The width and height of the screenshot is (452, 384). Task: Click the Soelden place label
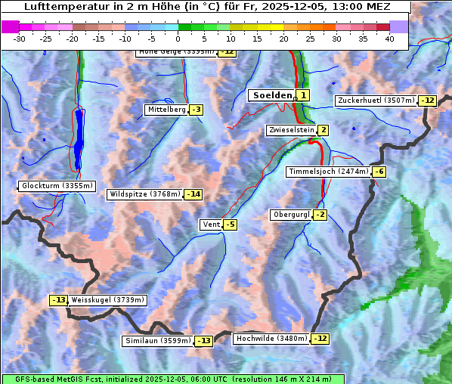271,95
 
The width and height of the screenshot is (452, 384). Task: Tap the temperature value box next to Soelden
303,95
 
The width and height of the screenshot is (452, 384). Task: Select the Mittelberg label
166,110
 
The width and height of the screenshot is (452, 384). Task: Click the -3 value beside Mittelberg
196,110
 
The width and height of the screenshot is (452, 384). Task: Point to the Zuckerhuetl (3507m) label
376,101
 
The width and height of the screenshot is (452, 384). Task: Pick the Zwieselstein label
290,130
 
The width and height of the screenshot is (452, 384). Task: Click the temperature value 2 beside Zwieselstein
323,130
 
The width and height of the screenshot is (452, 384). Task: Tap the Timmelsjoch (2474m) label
328,172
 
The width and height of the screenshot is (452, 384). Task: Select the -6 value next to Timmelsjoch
379,172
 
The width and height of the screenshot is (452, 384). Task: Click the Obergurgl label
290,215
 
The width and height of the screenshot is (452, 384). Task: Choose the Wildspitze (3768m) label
145,194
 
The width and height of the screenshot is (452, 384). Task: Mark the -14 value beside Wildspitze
193,194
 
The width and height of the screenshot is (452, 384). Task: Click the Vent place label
210,225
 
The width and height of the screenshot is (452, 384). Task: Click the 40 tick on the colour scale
389,39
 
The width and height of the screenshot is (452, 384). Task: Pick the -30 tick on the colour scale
20,39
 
